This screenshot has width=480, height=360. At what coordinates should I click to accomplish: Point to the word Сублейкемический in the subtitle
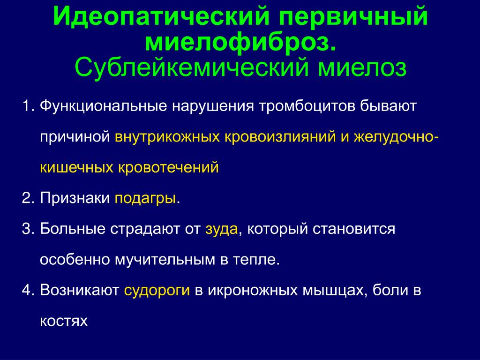pos(191,67)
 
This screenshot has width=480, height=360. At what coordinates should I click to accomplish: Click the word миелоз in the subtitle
pos(362,67)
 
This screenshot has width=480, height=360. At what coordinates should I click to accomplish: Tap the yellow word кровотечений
pos(168,167)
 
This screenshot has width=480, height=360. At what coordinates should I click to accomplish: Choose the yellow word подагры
pos(145,199)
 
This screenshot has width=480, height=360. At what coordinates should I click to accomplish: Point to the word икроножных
pos(253,290)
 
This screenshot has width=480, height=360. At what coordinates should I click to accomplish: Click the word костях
pos(64,321)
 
